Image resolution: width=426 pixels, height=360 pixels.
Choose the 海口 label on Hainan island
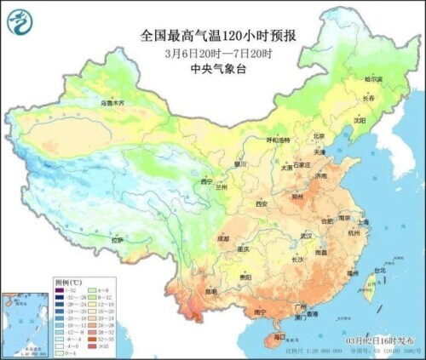pyautogui.click(x=279, y=338)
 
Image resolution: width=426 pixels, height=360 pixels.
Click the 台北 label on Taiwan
pyautogui.click(x=369, y=271)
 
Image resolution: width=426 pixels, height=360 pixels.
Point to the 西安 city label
pyautogui.click(x=261, y=204)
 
